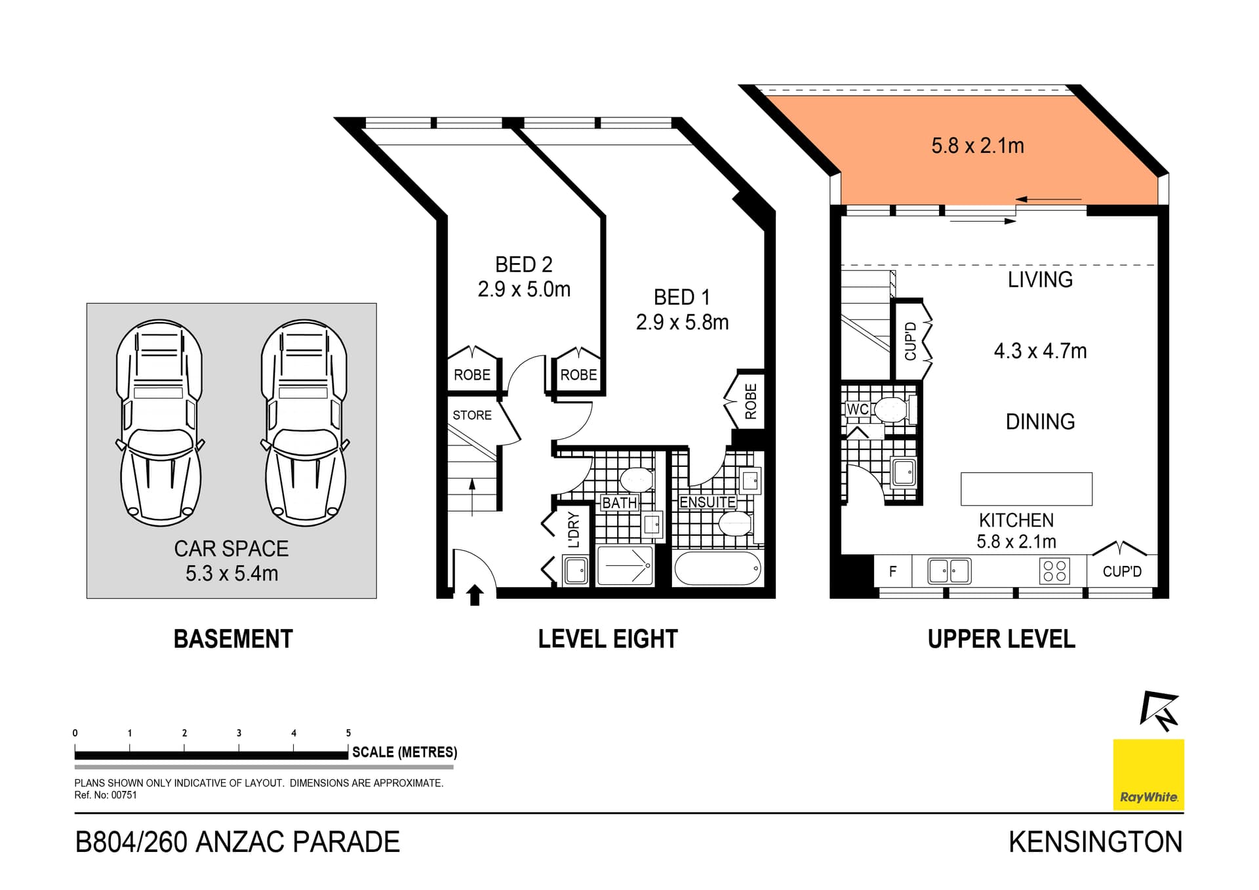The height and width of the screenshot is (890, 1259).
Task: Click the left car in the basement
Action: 159,423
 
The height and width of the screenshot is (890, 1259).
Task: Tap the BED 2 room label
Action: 523,265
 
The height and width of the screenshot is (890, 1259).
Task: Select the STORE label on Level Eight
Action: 471,415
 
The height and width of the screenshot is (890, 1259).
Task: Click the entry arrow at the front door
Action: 475,595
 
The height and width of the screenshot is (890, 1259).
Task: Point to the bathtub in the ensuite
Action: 717,568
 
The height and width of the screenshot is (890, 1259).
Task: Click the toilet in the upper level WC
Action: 891,410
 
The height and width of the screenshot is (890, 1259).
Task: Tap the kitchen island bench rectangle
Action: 1026,489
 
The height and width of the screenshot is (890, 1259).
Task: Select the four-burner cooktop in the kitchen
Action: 1054,571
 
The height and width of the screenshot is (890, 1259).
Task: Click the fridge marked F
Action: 892,571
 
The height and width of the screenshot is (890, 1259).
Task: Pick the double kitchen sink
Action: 949,571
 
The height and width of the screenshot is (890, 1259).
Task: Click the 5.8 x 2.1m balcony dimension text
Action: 977,146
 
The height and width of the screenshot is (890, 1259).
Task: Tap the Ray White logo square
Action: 1148,775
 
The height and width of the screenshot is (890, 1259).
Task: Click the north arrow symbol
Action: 1159,710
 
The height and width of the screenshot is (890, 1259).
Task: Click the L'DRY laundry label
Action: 574,530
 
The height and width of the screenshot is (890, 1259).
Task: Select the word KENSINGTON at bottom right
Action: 1095,842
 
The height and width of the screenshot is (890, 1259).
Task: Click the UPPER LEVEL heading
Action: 1001,639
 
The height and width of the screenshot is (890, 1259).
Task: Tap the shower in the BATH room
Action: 626,565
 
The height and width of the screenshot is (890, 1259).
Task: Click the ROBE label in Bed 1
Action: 751,401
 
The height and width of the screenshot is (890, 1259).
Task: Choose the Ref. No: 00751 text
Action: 106,795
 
